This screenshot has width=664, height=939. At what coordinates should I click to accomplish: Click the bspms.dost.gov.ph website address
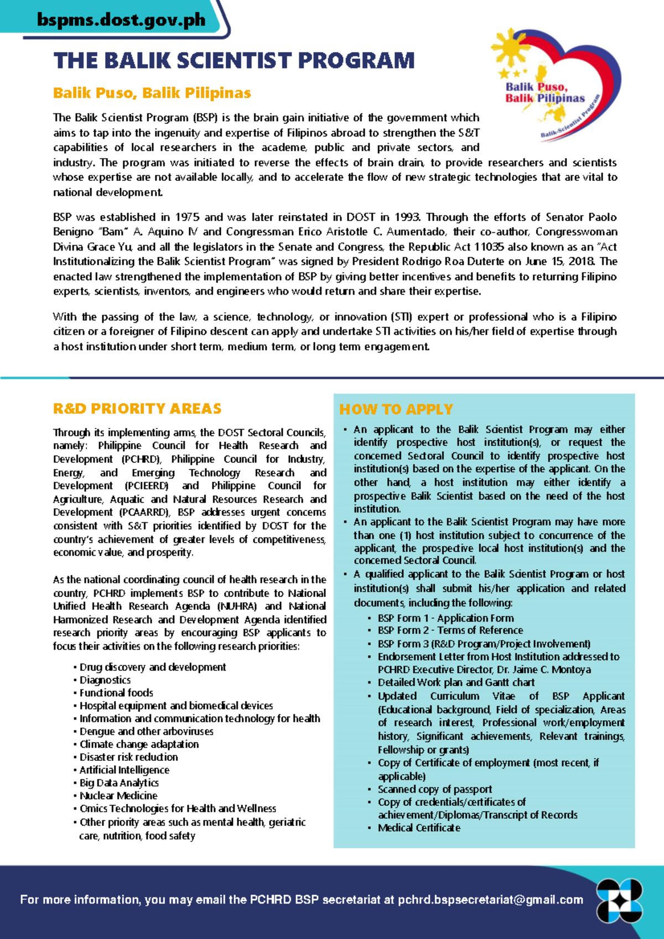pos(121,20)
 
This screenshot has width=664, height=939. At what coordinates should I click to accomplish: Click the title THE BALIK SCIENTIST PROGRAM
pos(234,60)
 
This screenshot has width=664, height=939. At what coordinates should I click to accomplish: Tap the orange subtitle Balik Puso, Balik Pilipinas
pos(152,93)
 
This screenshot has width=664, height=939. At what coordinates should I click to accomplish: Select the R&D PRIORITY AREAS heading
pos(137,409)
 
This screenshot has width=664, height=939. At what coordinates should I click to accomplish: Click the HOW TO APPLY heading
pos(396,410)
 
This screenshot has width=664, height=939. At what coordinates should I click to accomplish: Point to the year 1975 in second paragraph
pos(187,217)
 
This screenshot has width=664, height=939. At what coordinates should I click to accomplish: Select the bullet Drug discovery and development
pos(152,667)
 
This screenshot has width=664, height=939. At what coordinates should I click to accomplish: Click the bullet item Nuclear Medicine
pos(118,796)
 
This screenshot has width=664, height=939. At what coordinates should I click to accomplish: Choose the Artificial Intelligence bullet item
pos(124,770)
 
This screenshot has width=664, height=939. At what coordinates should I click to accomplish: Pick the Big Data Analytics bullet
pos(119,783)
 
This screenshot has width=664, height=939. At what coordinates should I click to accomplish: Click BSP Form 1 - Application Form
pos(445,618)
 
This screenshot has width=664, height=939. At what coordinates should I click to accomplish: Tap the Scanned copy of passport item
pos(434,790)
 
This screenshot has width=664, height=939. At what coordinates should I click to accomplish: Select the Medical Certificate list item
pos(419,828)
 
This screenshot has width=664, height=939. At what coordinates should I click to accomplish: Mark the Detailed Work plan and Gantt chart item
pos(456,683)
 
